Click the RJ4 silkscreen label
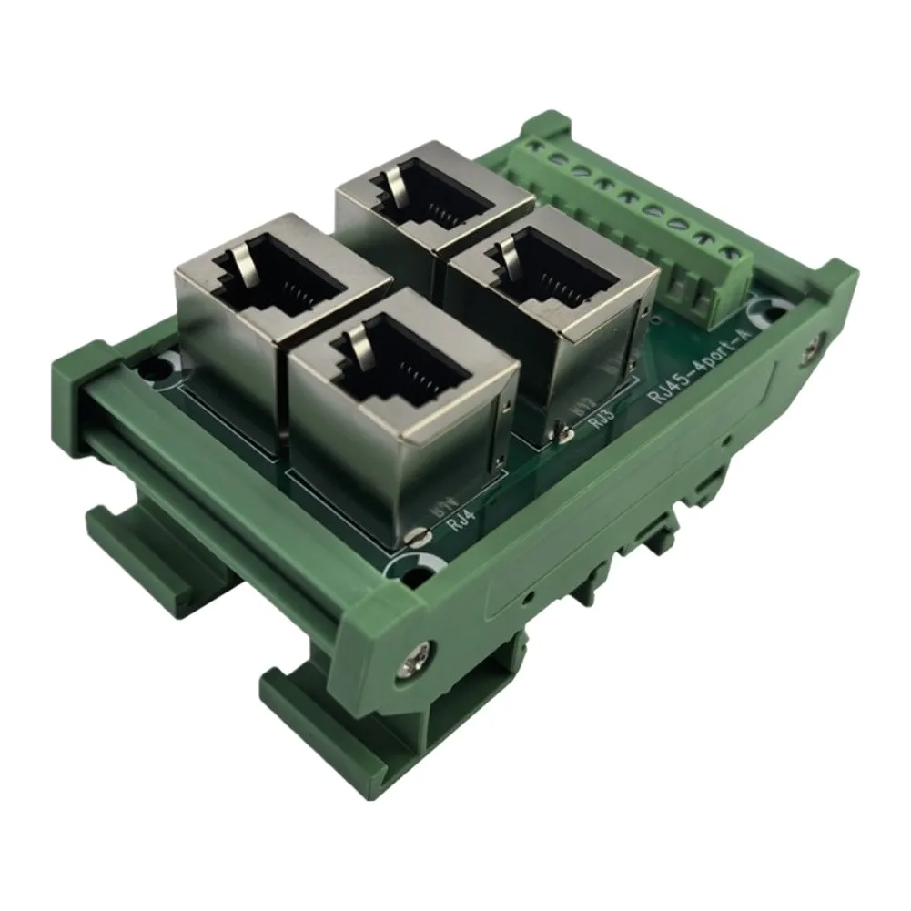click(462, 522)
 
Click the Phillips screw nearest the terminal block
click(814, 348)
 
